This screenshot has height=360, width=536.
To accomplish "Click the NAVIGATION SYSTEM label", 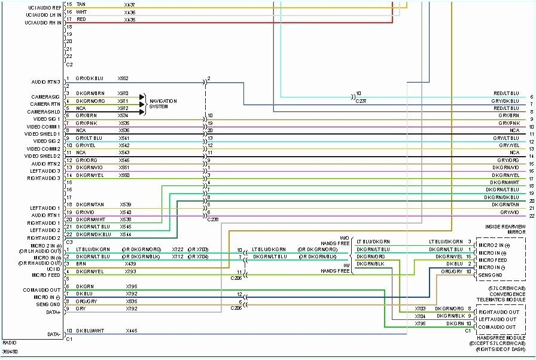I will [x=163, y=104].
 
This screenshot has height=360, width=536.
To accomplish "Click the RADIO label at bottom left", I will [x=9, y=343].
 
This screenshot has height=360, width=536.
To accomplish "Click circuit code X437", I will [x=130, y=5].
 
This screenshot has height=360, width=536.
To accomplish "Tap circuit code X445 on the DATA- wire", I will [x=132, y=331].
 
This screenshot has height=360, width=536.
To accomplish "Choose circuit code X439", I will [x=130, y=264].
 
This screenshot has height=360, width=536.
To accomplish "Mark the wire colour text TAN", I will [x=81, y=5].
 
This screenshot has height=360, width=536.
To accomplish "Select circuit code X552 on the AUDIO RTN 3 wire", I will [x=123, y=78].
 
